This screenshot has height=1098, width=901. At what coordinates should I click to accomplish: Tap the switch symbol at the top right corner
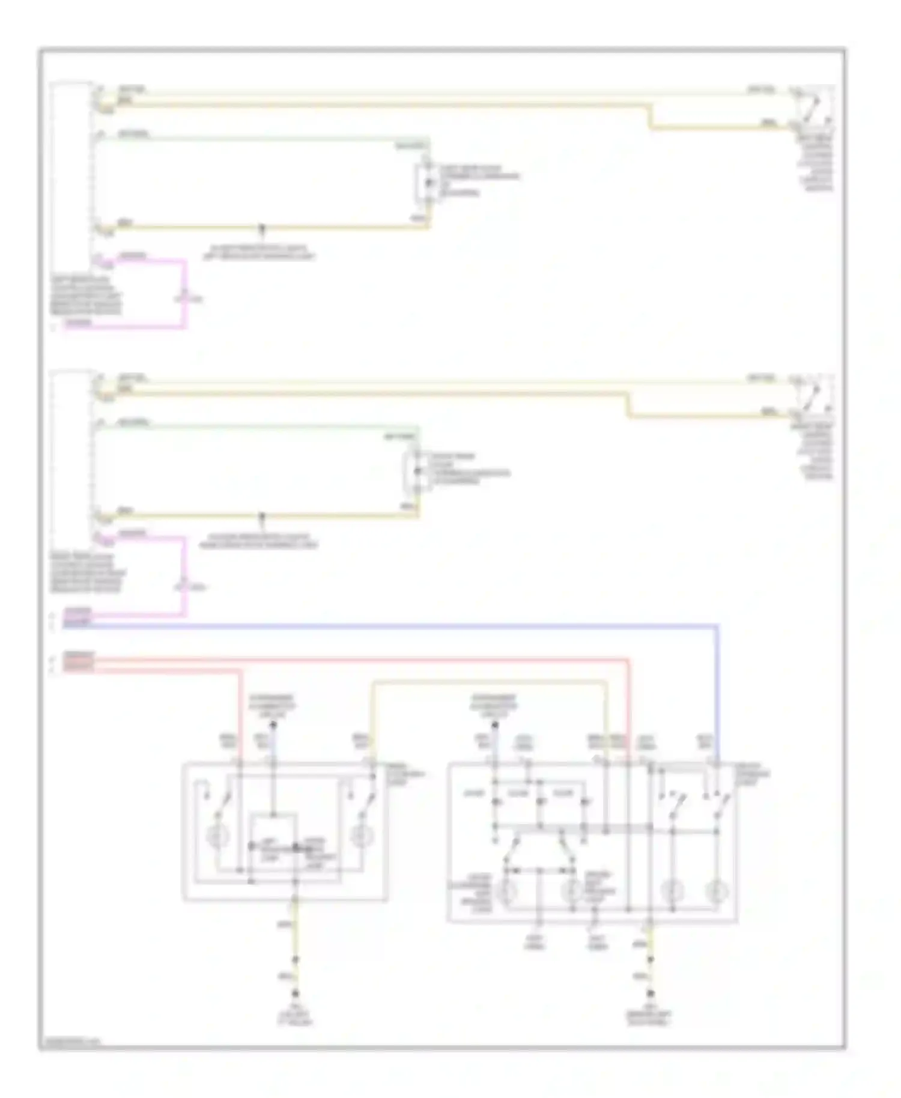tap(813, 105)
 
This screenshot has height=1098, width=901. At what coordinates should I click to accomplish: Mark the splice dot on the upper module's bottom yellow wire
tap(261, 228)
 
